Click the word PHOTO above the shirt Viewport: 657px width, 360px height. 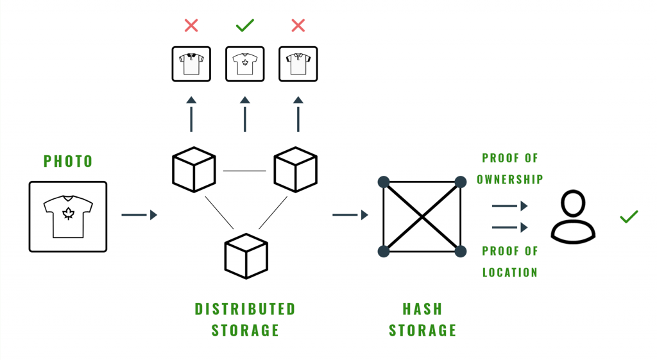coord(68,161)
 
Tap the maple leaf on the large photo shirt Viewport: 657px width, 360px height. coord(68,214)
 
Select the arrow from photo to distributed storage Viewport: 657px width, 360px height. coord(139,215)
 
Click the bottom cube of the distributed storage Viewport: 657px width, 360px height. coord(246,256)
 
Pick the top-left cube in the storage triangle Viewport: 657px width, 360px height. coord(194,170)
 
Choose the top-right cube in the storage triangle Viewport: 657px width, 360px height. coord(295,170)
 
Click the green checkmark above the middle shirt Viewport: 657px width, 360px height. coord(244,25)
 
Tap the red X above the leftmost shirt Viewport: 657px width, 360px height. coord(191,25)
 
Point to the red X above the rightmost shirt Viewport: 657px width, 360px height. coord(298,25)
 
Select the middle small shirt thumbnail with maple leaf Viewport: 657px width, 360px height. coord(244,64)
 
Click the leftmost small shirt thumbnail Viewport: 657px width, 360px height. coord(191,64)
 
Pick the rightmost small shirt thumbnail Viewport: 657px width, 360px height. coord(298,64)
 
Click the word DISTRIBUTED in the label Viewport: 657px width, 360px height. coord(245,309)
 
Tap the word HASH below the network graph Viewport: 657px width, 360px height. coord(422,309)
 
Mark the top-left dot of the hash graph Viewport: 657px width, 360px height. coord(384,182)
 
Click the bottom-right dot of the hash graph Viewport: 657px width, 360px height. coord(460,251)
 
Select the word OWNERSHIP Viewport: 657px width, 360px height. coord(510,180)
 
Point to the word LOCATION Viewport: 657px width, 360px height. coord(510,272)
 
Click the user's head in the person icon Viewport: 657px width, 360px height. coord(573,205)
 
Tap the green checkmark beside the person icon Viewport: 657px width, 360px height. coord(629,216)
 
